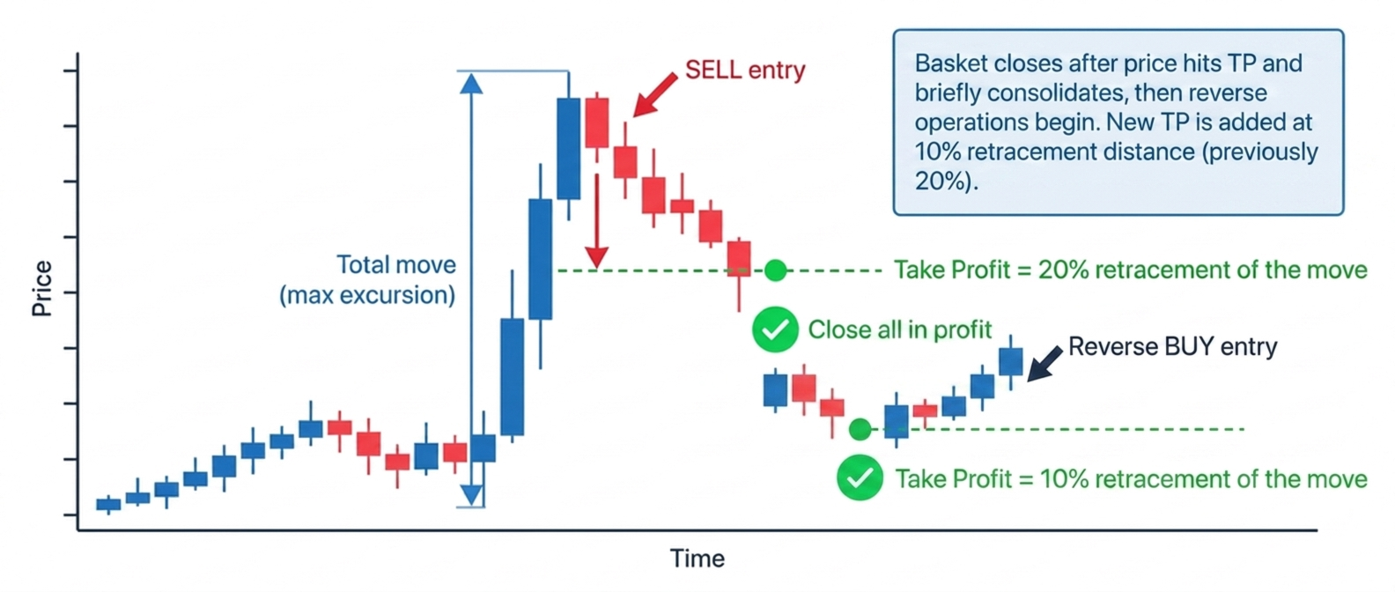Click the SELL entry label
[x=745, y=70]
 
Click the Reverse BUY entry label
[x=1173, y=346]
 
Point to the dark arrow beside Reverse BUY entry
[x=1044, y=364]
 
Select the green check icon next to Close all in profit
[x=775, y=329]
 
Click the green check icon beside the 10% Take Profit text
[x=860, y=478]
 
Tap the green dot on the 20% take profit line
[x=775, y=270]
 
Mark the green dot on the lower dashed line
[x=860, y=429]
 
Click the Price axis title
[x=41, y=289]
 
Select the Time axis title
[x=697, y=559]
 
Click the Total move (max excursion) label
[x=367, y=280]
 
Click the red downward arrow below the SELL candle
[x=596, y=222]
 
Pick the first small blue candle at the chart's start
[x=108, y=504]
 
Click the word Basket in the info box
[x=950, y=63]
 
